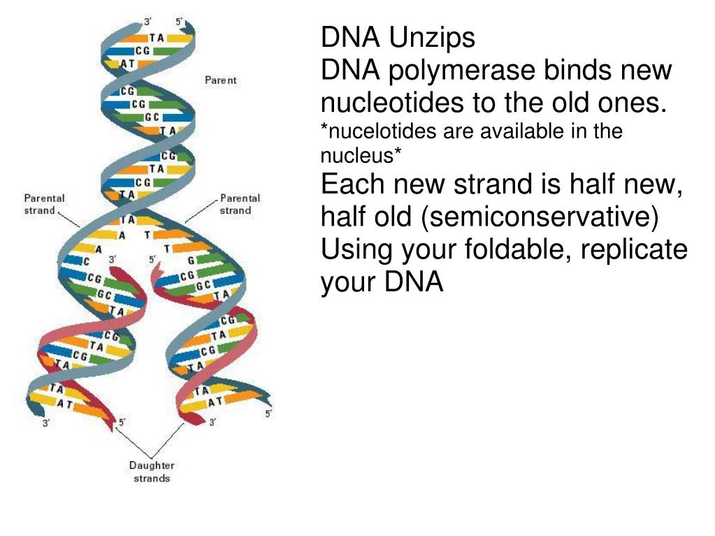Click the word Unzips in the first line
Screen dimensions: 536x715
(432, 38)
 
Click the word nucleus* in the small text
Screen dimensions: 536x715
(361, 156)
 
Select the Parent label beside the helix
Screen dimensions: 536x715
(221, 80)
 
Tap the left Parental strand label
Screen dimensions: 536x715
(43, 205)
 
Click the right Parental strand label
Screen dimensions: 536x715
(240, 205)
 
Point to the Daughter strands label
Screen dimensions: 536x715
(152, 472)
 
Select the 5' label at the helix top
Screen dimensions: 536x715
(180, 22)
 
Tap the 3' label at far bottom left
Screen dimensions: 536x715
(46, 423)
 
